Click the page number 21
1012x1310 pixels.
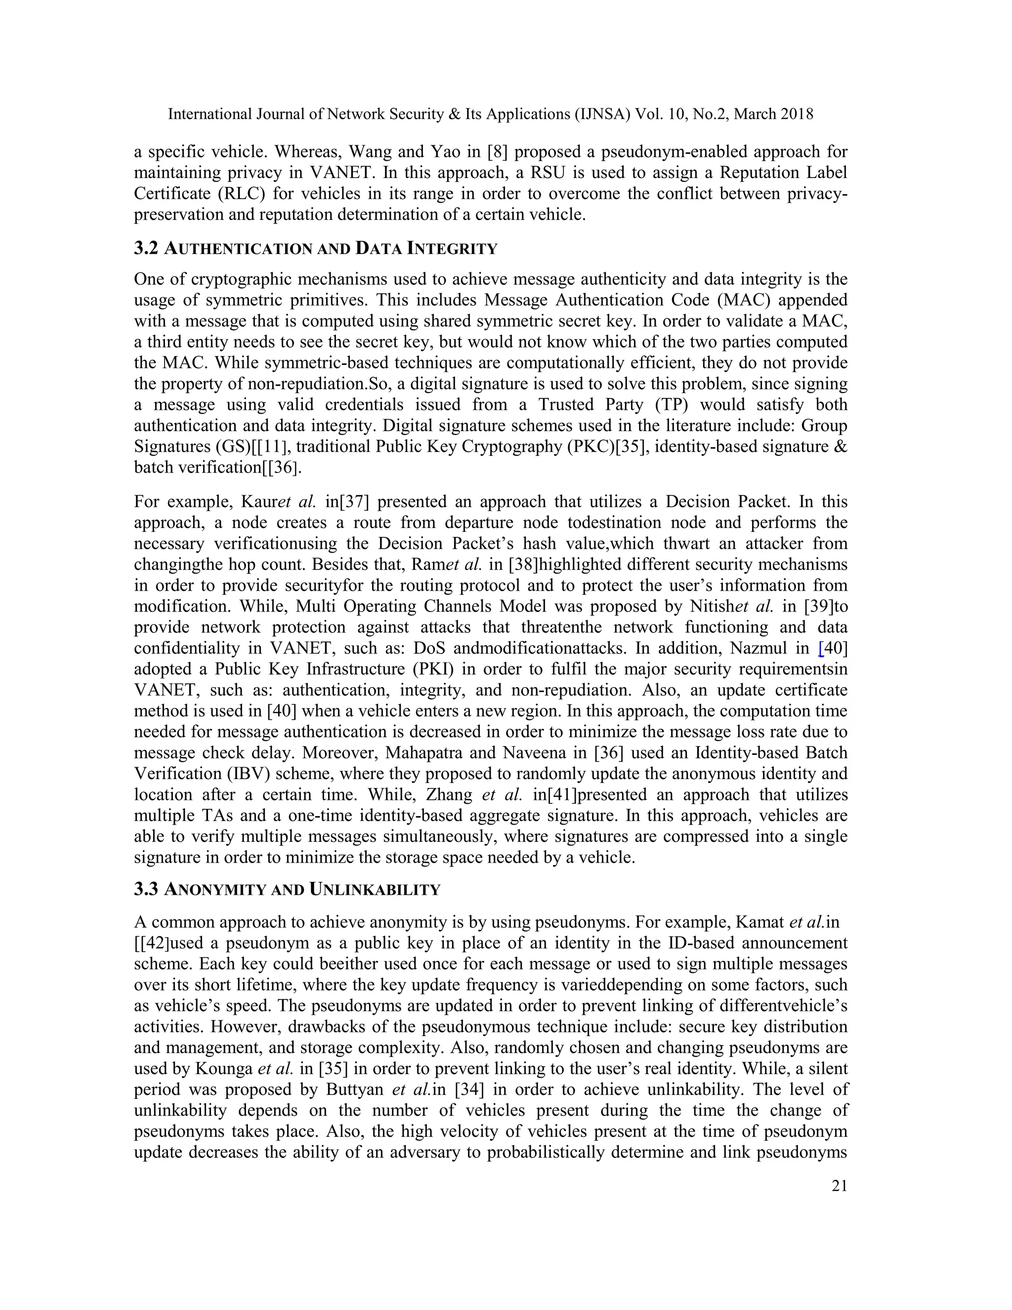[x=840, y=1186]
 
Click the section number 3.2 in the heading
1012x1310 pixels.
[x=146, y=248]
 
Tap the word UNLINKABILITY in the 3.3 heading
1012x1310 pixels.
[x=375, y=889]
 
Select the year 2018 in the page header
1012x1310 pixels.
[x=797, y=114]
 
